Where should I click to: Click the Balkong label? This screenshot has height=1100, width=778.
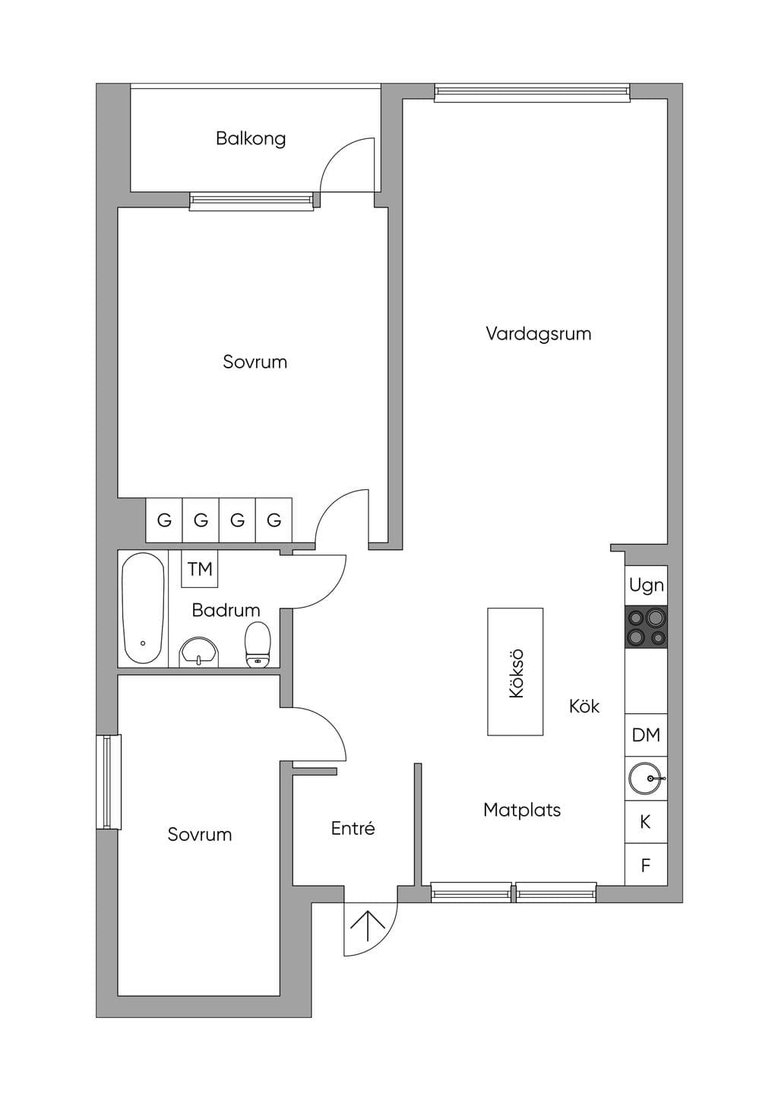click(251, 139)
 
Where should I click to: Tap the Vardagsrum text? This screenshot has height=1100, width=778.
click(539, 334)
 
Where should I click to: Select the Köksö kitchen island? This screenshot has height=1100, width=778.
click(515, 672)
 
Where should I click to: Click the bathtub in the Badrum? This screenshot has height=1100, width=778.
click(143, 608)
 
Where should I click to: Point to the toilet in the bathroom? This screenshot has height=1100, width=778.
click(258, 645)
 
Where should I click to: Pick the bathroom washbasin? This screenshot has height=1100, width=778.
click(199, 653)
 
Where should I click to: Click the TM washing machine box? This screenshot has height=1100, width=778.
click(199, 569)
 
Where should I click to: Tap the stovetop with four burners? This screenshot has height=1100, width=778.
click(646, 627)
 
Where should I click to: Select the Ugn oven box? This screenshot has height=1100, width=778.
click(646, 586)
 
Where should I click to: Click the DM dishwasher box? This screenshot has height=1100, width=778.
click(646, 735)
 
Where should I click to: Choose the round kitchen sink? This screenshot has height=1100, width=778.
click(646, 779)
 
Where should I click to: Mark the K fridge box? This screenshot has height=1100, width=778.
click(646, 822)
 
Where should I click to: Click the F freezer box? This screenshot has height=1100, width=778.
click(646, 865)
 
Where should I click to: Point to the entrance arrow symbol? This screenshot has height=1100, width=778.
click(368, 925)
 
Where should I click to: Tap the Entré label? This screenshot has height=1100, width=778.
click(353, 828)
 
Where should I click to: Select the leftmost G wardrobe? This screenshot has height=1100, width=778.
click(164, 520)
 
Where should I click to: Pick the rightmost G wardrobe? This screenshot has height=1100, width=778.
click(274, 520)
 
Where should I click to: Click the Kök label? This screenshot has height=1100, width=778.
click(584, 706)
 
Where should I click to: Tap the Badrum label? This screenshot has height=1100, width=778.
click(226, 611)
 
